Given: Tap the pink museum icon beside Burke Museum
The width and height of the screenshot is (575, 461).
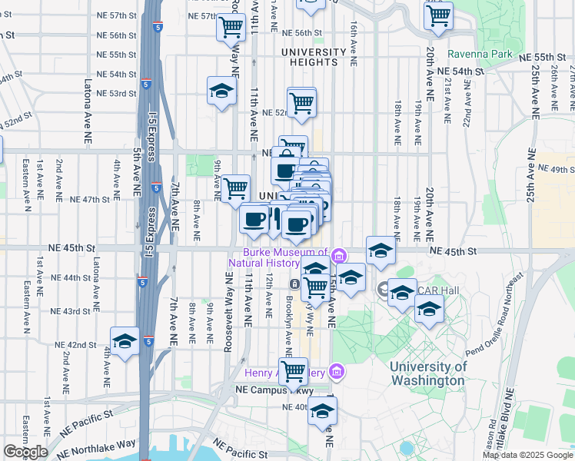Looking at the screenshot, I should [337, 254].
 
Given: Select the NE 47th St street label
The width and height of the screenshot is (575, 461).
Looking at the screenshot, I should [91, 199].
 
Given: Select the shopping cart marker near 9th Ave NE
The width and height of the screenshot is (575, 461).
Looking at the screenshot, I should [236, 188].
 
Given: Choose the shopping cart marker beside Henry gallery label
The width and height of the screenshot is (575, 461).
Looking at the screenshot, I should [294, 371].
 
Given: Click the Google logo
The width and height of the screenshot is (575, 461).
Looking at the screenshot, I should [25, 452].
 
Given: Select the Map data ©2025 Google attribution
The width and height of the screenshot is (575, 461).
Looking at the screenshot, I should [527, 455].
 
